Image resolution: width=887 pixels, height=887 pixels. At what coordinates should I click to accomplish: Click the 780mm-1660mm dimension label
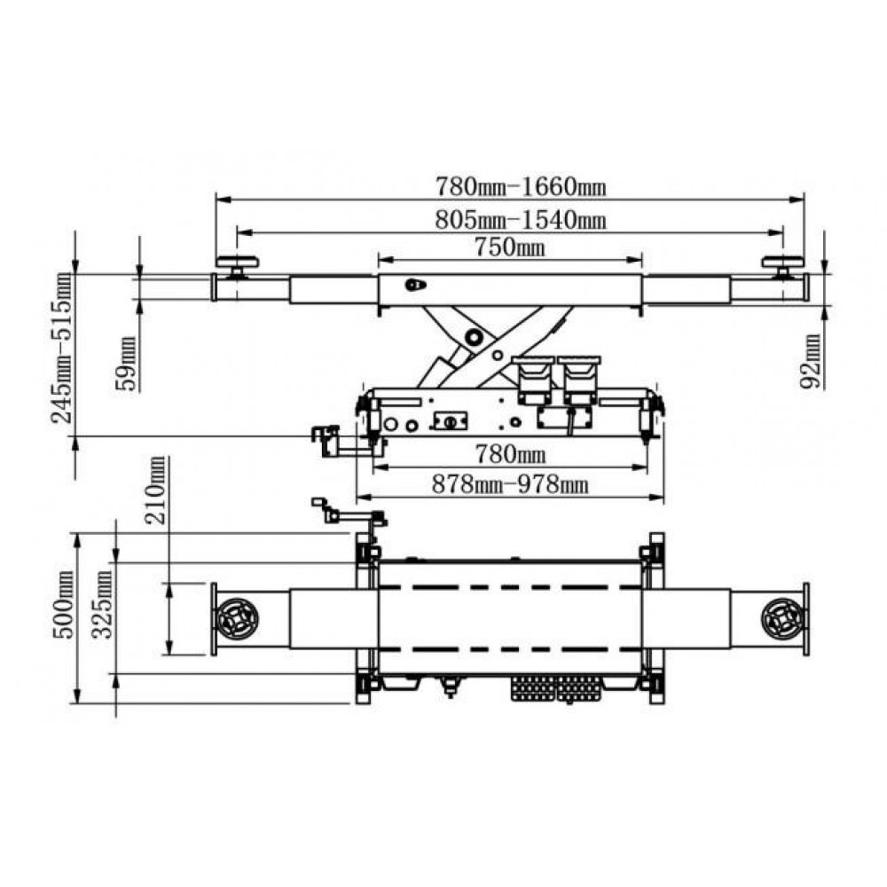[x=521, y=186]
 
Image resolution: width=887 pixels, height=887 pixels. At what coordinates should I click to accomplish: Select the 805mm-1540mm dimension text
[x=521, y=219]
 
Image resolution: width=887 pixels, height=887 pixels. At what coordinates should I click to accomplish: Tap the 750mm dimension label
[x=510, y=247]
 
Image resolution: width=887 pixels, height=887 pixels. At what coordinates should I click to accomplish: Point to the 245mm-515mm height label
[x=62, y=349]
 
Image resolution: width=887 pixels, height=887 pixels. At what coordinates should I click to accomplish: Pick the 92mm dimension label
[x=810, y=362]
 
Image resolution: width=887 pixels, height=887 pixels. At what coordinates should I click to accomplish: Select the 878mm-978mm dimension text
[x=510, y=485]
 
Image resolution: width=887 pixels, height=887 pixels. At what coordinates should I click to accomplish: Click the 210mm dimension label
[x=157, y=490]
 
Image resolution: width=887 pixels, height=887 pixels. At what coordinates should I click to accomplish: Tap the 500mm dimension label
[x=64, y=605]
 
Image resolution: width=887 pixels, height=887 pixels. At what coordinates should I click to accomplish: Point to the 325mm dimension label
[x=102, y=604]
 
